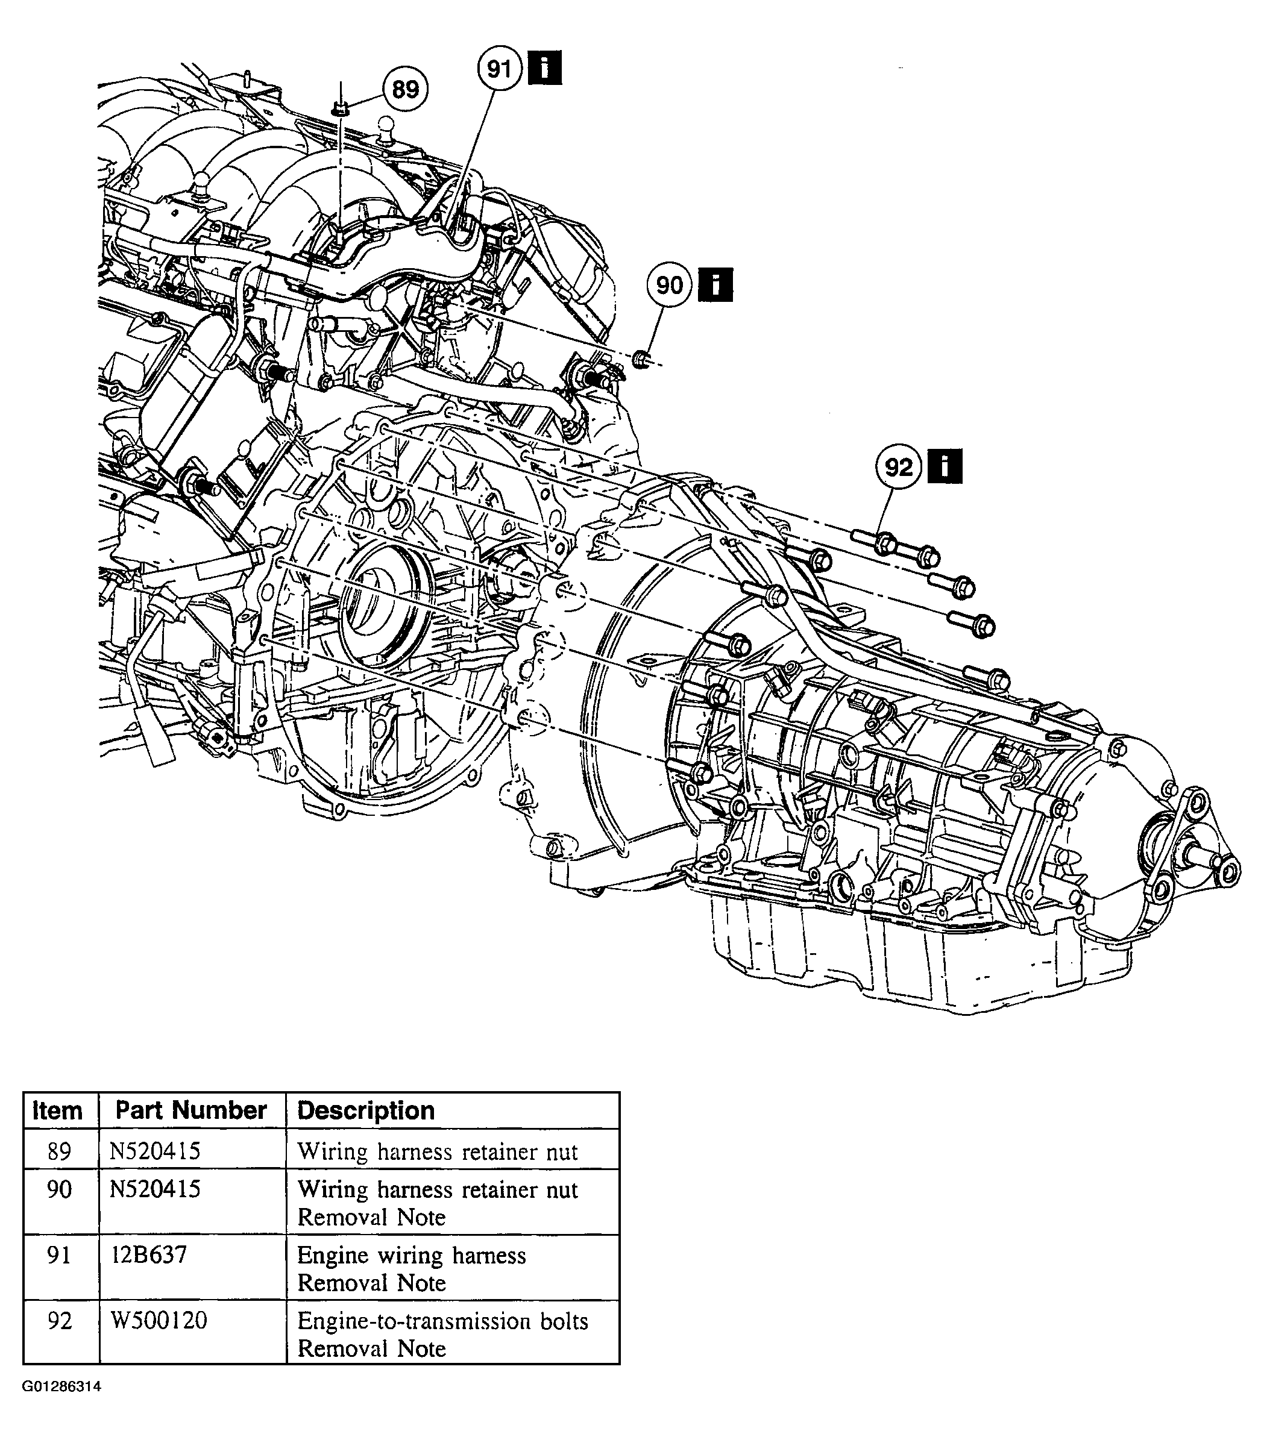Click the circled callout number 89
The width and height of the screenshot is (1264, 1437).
coord(405,90)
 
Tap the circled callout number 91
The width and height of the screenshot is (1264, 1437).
coord(500,69)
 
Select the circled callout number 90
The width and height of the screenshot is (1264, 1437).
coord(669,285)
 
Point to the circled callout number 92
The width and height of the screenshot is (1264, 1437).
coord(898,467)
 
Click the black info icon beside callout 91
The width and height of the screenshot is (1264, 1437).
coord(544,68)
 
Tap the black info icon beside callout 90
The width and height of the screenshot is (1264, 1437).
coord(715,285)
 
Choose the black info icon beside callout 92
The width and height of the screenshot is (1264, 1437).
coord(945,466)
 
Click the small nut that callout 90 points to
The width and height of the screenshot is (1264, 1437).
coord(641,359)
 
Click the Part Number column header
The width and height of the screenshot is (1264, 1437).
coord(190,1110)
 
